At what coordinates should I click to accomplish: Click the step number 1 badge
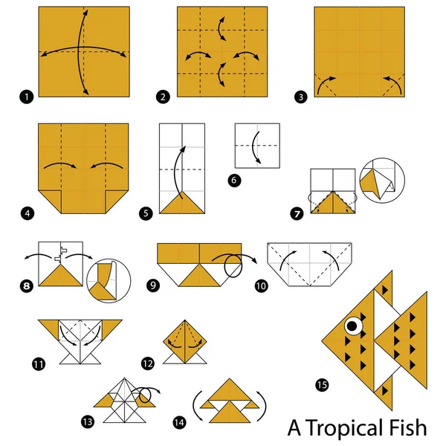28,96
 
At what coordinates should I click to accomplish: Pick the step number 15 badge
320,384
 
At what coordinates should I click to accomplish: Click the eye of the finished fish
352,324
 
